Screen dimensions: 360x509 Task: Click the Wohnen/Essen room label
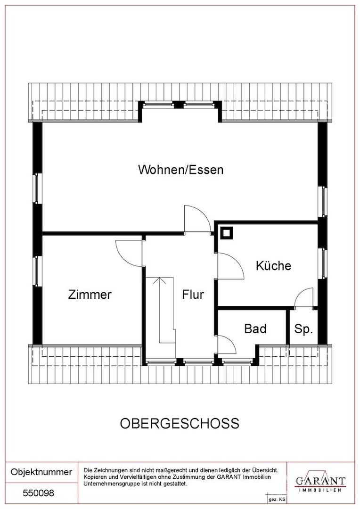pyautogui.click(x=181, y=170)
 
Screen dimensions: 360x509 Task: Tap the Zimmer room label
pyautogui.click(x=90, y=295)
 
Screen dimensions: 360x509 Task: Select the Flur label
pyautogui.click(x=193, y=295)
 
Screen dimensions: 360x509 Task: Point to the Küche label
pyautogui.click(x=273, y=265)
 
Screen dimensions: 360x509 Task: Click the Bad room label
pyautogui.click(x=255, y=328)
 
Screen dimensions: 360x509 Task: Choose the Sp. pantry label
pyautogui.click(x=303, y=329)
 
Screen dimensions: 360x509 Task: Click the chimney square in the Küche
pyautogui.click(x=226, y=233)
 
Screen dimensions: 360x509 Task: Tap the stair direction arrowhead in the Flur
pyautogui.click(x=159, y=280)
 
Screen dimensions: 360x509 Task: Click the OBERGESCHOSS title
pyautogui.click(x=180, y=423)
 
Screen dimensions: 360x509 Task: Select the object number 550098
pyautogui.click(x=38, y=493)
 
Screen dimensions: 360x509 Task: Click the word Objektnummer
pyautogui.click(x=41, y=472)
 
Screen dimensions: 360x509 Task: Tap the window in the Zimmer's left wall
pyautogui.click(x=37, y=271)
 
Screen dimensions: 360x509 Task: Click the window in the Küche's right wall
pyautogui.click(x=323, y=263)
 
